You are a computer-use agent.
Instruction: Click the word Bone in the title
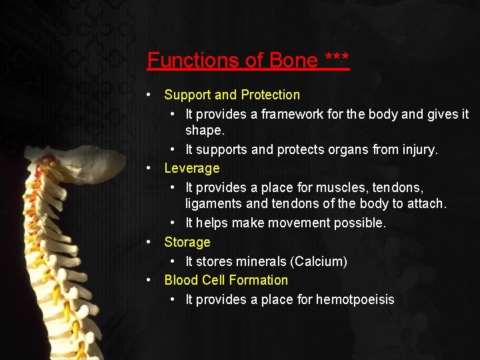coord(293,61)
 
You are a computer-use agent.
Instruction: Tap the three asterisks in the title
coord(337,59)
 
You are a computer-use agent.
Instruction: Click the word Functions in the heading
coord(194,61)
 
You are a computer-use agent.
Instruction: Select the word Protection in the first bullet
coord(270,95)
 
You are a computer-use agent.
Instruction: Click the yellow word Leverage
coord(192,169)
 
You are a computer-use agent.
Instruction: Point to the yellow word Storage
coord(187,242)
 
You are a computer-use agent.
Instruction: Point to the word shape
coord(204,131)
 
